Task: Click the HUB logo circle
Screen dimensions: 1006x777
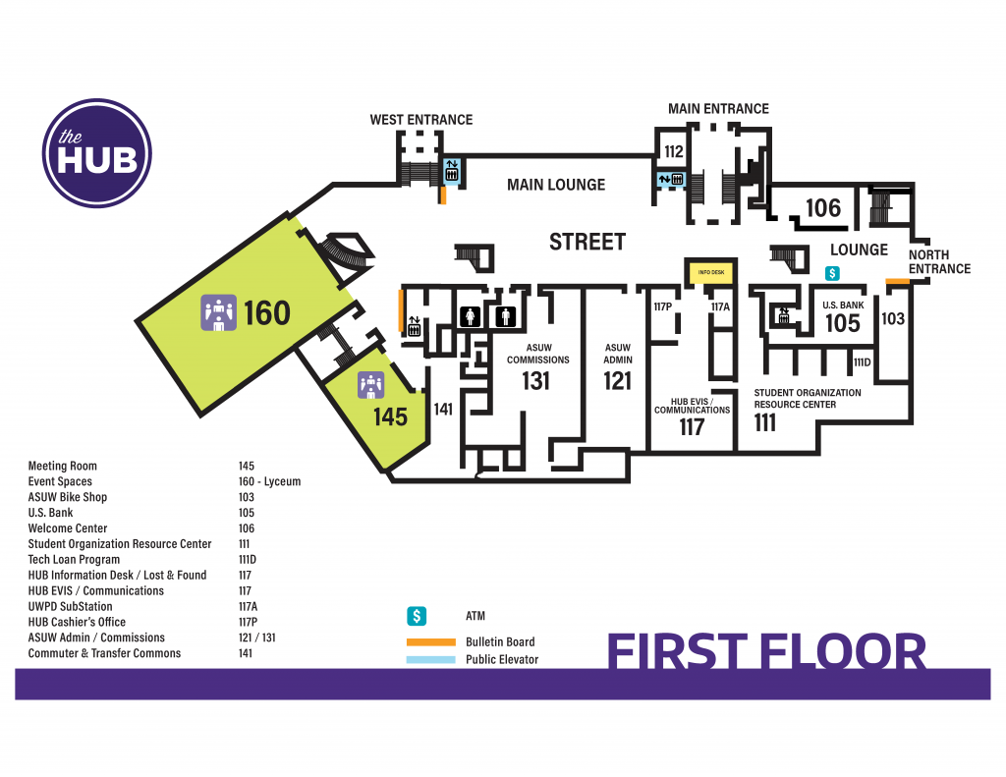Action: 97,153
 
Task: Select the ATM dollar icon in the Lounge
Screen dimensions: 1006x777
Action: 832,273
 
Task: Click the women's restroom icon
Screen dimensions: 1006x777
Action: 471,316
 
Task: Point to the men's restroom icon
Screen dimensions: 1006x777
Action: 506,316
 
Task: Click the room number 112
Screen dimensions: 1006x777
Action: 673,151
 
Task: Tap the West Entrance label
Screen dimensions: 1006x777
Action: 420,120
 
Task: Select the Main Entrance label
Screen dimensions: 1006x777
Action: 718,109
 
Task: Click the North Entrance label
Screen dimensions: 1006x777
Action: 939,261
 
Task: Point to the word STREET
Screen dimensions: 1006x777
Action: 587,242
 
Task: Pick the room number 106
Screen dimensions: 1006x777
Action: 823,208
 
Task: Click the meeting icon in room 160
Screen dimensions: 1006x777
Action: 218,312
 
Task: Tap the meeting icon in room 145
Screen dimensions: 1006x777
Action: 370,385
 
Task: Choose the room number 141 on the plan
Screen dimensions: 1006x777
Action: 443,410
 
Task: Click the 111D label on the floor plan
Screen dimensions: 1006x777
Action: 863,362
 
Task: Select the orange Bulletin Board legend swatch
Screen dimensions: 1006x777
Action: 430,642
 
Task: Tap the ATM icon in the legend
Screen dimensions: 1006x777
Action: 417,616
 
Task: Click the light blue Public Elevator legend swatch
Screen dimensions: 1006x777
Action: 430,659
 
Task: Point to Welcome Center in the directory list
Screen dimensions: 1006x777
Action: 68,528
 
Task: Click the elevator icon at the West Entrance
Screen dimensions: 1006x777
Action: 452,171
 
